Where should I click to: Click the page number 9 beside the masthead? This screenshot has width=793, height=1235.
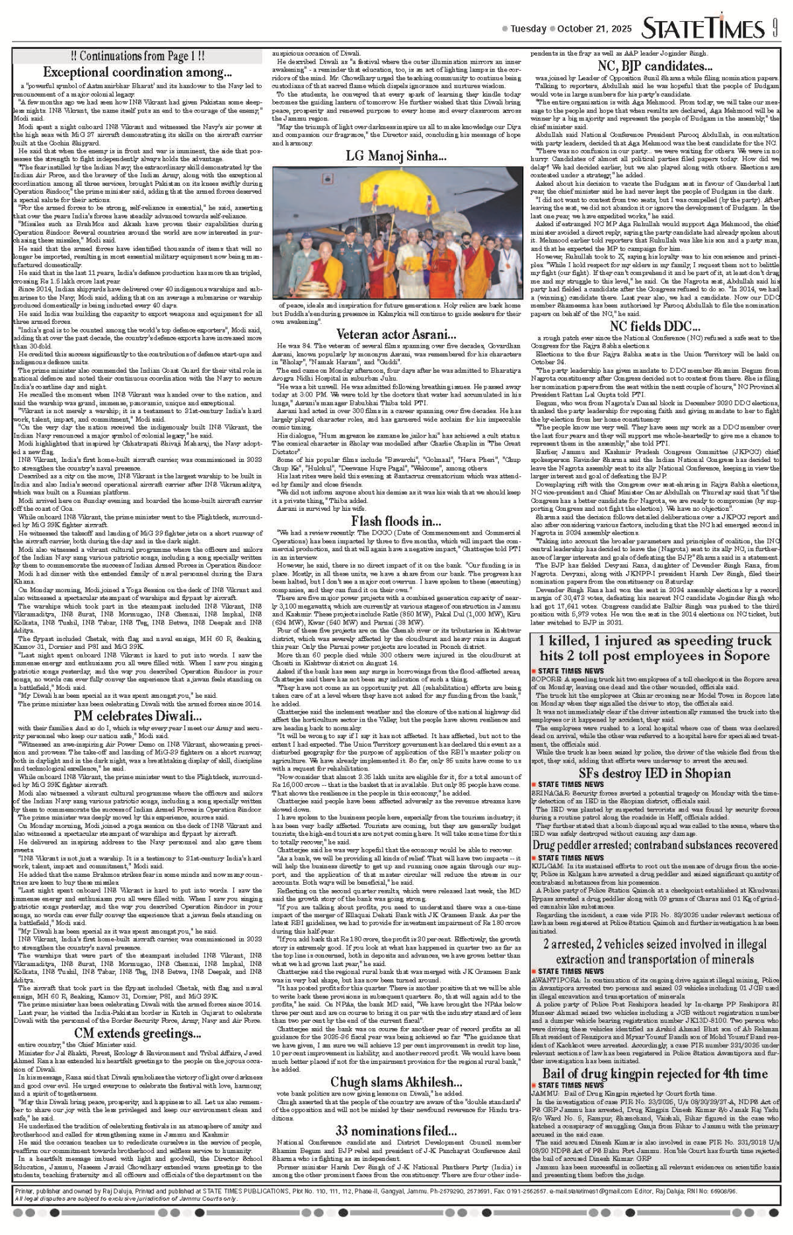tap(774, 28)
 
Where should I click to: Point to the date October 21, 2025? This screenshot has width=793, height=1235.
tap(595, 29)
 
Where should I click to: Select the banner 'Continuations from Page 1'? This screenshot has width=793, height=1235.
tap(137, 57)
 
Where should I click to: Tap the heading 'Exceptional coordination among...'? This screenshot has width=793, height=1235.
tap(137, 72)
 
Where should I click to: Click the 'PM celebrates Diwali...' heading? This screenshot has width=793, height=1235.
tap(137, 716)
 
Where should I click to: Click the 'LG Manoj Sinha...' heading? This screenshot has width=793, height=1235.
tap(396, 156)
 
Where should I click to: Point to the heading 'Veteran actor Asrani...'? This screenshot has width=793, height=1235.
tap(396, 334)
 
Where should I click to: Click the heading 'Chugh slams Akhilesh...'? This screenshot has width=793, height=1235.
tap(396, 1082)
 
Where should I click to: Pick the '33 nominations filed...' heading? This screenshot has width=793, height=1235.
tap(396, 1130)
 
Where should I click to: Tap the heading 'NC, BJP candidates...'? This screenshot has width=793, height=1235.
tap(655, 65)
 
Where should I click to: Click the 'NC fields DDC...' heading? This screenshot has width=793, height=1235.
tap(655, 326)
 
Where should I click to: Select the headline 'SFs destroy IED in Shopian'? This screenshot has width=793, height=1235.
tap(655, 774)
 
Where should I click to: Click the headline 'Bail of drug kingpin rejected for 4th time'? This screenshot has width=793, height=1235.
tap(655, 1073)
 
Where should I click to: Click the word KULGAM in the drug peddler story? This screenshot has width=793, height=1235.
tap(547, 866)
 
